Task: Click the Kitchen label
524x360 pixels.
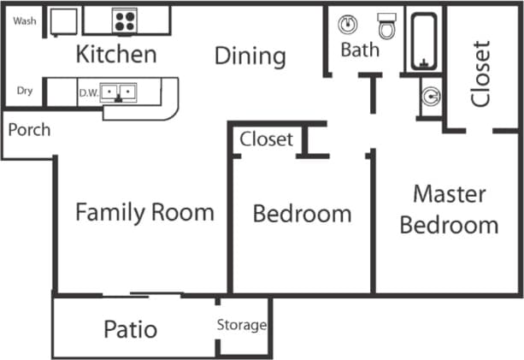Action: (116, 55)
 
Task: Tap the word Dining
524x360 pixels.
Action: (250, 56)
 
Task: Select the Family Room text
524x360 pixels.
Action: (144, 212)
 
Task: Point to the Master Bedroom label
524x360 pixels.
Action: (449, 210)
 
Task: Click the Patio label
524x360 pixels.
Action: (130, 328)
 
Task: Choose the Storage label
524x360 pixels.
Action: (241, 325)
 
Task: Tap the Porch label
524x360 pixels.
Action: (29, 130)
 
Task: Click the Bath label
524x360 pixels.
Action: (360, 50)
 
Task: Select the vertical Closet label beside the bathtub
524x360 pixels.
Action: (481, 73)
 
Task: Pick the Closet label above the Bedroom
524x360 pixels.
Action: (266, 139)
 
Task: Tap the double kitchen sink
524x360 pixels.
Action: (118, 91)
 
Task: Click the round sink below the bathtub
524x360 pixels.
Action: (430, 97)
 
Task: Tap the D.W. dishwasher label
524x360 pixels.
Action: (88, 91)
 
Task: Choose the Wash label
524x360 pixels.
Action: (25, 21)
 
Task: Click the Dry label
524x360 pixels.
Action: (25, 91)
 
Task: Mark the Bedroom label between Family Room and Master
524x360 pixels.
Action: (302, 213)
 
